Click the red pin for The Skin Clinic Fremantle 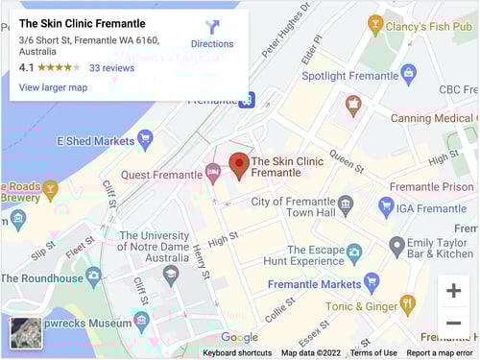pyautogui.click(x=238, y=165)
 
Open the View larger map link pyautogui.click(x=53, y=87)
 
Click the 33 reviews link pyautogui.click(x=111, y=68)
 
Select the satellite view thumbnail pyautogui.click(x=25, y=333)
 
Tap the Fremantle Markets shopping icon pyautogui.click(x=372, y=283)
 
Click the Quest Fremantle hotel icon pyautogui.click(x=213, y=174)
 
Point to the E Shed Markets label pyautogui.click(x=95, y=140)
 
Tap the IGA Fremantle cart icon pyautogui.click(x=386, y=206)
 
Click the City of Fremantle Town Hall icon pyautogui.click(x=346, y=203)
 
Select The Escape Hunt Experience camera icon pyautogui.click(x=354, y=252)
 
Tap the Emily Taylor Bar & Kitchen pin pyautogui.click(x=396, y=247)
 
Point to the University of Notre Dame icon pyautogui.click(x=171, y=275)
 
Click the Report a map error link pyautogui.click(x=441, y=352)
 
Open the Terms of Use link pyautogui.click(x=373, y=352)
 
